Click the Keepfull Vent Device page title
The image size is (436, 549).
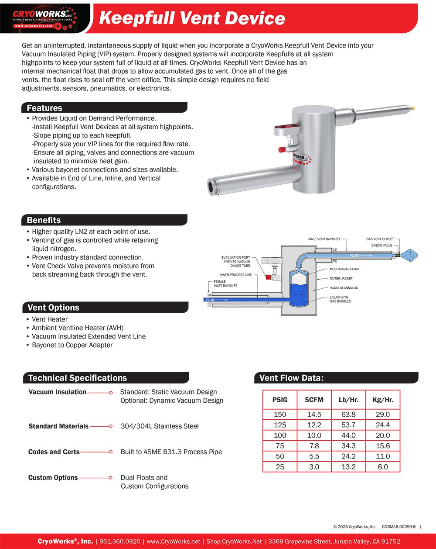(192, 18)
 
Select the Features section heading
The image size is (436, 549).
(44, 108)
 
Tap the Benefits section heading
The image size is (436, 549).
(44, 220)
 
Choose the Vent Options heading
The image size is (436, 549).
(53, 307)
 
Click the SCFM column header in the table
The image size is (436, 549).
(314, 400)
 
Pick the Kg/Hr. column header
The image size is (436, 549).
(383, 400)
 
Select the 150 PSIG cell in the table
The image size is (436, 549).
(279, 414)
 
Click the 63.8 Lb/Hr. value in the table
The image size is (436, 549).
(348, 414)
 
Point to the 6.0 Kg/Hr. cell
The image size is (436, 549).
(383, 467)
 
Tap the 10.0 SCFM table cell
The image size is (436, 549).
(314, 435)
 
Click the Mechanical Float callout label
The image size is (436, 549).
(344, 269)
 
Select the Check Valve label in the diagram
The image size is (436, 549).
(381, 245)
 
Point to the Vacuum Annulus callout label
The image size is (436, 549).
(344, 288)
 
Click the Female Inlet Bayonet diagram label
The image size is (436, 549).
(225, 284)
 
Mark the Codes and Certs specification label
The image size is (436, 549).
(54, 452)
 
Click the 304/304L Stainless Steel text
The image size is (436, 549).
(160, 426)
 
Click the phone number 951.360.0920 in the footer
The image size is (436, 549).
(120, 542)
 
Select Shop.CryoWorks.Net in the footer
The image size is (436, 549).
(234, 542)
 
